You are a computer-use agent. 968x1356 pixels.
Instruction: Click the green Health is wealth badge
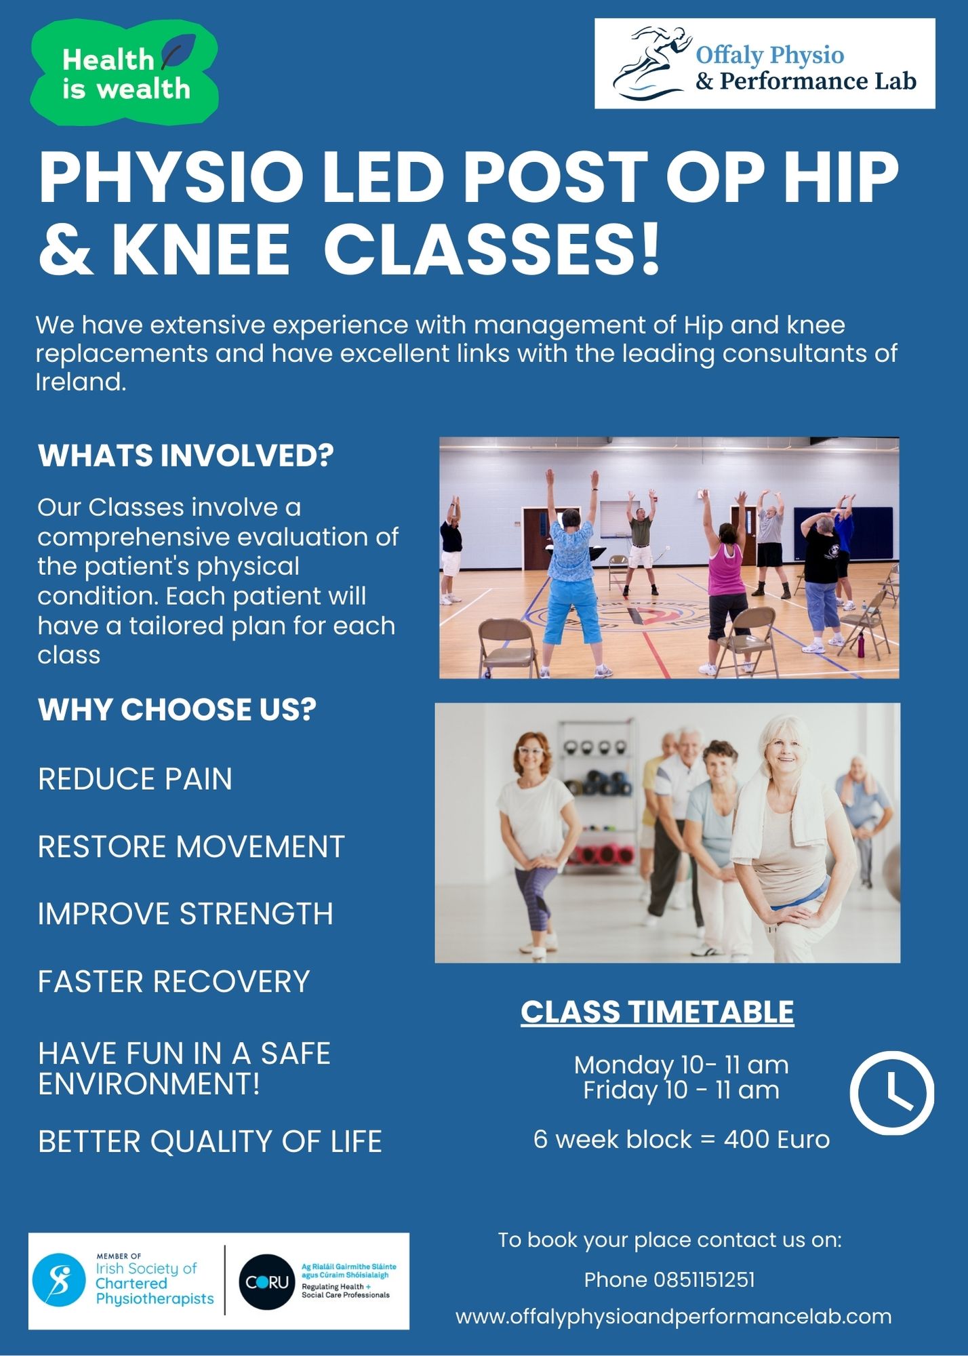124,73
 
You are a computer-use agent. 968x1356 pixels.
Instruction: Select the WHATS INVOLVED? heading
186,455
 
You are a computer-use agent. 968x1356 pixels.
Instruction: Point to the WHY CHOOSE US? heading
177,709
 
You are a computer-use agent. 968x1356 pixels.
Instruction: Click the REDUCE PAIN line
135,778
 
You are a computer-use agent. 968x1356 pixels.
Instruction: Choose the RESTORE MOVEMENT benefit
191,846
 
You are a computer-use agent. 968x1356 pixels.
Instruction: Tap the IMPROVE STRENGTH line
186,913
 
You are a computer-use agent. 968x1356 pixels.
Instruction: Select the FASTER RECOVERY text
174,981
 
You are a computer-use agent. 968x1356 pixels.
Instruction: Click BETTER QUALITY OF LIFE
210,1141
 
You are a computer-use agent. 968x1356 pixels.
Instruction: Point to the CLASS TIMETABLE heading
657,1012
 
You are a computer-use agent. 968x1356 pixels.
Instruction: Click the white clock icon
891,1092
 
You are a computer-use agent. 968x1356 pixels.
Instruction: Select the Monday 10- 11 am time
681,1064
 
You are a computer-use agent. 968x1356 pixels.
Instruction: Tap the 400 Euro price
777,1139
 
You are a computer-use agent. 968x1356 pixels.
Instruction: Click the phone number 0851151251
704,1279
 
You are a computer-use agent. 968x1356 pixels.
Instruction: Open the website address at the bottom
673,1317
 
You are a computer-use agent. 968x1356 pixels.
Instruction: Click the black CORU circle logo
266,1281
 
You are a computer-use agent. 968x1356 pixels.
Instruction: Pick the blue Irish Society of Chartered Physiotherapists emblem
60,1280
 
